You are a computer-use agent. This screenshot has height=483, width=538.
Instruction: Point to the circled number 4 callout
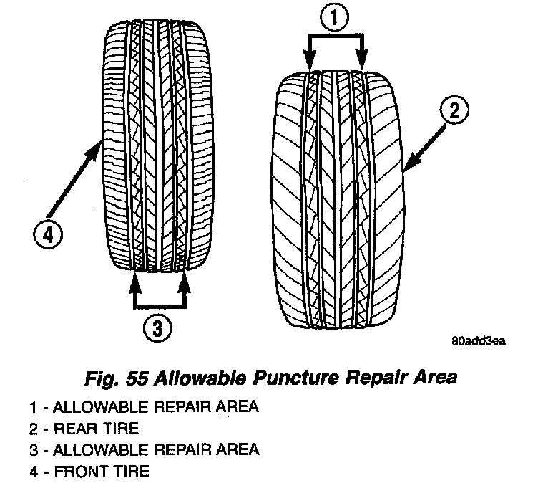pyautogui.click(x=47, y=234)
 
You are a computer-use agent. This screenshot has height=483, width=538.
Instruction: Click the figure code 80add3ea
pyautogui.click(x=478, y=340)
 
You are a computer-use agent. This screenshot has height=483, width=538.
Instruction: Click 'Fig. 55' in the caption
pyautogui.click(x=110, y=377)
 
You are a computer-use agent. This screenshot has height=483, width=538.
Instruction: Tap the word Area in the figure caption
pyautogui.click(x=432, y=377)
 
